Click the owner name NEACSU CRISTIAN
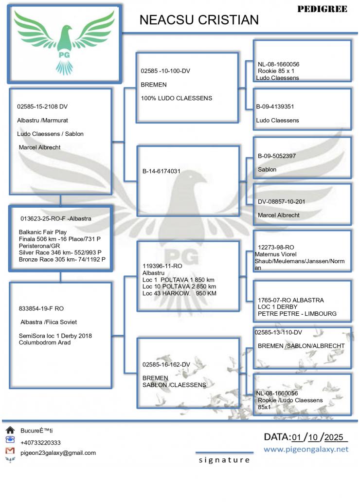click(198, 20)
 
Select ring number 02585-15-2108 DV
click(43, 106)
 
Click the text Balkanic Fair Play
click(43, 232)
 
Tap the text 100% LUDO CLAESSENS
click(176, 98)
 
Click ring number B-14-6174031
click(162, 171)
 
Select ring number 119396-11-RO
click(162, 266)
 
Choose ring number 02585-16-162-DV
click(166, 364)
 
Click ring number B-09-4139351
click(276, 106)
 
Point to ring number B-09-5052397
click(277, 156)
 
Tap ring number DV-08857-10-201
click(282, 201)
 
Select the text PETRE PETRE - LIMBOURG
click(297, 314)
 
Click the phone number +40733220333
click(40, 443)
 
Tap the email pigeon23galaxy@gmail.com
click(58, 453)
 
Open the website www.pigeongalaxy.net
click(306, 449)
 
